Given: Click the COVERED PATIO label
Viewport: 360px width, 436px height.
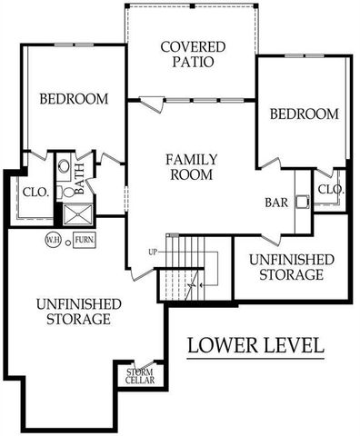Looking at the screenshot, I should pyautogui.click(x=186, y=55).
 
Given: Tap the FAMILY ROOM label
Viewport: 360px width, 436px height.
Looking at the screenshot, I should pyautogui.click(x=190, y=167).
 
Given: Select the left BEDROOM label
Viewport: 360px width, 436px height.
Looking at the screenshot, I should pyautogui.click(x=75, y=98).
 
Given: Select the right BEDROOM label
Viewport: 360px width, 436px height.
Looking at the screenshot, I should pyautogui.click(x=305, y=114).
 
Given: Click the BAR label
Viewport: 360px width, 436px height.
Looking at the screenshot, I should pyautogui.click(x=277, y=203).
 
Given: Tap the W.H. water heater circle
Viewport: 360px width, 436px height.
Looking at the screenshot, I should pyautogui.click(x=53, y=240).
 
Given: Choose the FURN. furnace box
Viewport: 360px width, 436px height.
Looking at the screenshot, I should pyautogui.click(x=84, y=240).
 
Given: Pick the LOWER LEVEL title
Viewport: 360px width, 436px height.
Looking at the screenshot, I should pyautogui.click(x=255, y=345).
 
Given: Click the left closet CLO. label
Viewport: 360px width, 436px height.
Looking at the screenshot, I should pyautogui.click(x=36, y=192).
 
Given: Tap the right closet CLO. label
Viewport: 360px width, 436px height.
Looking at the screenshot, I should pyautogui.click(x=329, y=190).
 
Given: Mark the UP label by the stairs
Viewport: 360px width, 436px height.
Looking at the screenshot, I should pyautogui.click(x=155, y=252).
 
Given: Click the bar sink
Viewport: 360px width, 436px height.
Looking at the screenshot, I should pyautogui.click(x=302, y=203).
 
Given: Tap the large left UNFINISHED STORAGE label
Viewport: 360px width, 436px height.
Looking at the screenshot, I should pyautogui.click(x=74, y=312).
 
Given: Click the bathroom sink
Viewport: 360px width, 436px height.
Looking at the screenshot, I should pyautogui.click(x=64, y=169).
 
